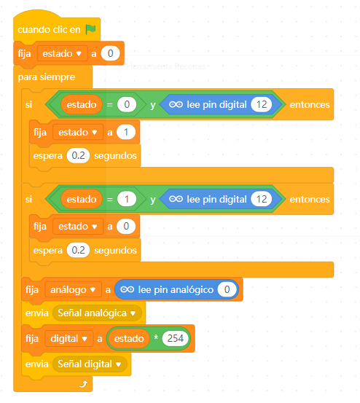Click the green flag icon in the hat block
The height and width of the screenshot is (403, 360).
(90, 29)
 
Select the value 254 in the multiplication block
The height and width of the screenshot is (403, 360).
(175, 338)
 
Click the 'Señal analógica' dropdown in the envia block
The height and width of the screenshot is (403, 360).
(97, 313)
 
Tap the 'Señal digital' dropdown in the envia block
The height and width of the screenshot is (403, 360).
(90, 364)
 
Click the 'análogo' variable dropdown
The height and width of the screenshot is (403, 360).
(73, 289)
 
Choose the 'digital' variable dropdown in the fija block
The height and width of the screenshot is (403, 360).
(69, 338)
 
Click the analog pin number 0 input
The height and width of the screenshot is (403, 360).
(227, 289)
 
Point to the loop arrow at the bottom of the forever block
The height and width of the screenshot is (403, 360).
(83, 384)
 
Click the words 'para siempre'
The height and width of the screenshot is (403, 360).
(46, 77)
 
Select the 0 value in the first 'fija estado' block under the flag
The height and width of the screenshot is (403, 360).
(110, 53)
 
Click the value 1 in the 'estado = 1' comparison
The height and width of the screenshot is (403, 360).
(127, 199)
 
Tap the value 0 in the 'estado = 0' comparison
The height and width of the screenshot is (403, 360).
(127, 104)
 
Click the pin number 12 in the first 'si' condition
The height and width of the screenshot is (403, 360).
(262, 104)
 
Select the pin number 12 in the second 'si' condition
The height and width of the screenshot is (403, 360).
(262, 199)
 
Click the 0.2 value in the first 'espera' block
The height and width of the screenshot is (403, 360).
(78, 155)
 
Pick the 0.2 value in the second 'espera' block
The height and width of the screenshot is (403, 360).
(78, 250)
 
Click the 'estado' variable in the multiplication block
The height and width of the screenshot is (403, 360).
(129, 338)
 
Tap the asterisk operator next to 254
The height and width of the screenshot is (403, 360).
(156, 337)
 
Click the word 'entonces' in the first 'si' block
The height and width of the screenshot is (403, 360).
(310, 105)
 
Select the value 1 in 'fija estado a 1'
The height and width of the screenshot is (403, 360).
(126, 132)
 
